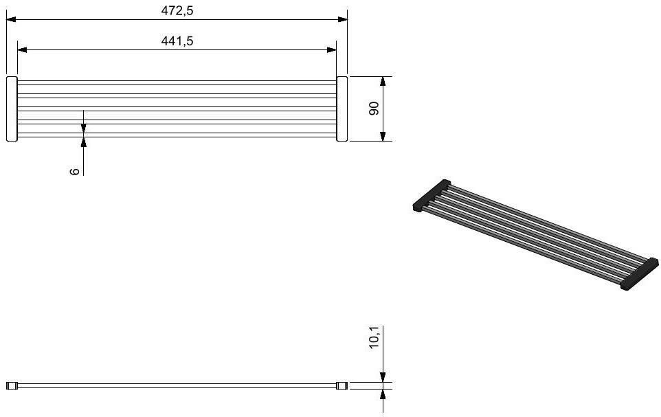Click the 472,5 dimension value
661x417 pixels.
(177, 10)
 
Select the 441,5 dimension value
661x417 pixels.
(177, 41)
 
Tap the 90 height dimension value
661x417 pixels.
(374, 109)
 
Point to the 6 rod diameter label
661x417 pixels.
(75, 171)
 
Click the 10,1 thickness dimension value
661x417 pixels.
(374, 337)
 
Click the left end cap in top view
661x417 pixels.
(12, 109)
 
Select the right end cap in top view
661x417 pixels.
(342, 109)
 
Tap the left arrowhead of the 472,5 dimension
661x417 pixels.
(11, 19)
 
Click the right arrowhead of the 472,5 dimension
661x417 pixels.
(343, 19)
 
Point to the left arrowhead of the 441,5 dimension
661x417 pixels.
(23, 49)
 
